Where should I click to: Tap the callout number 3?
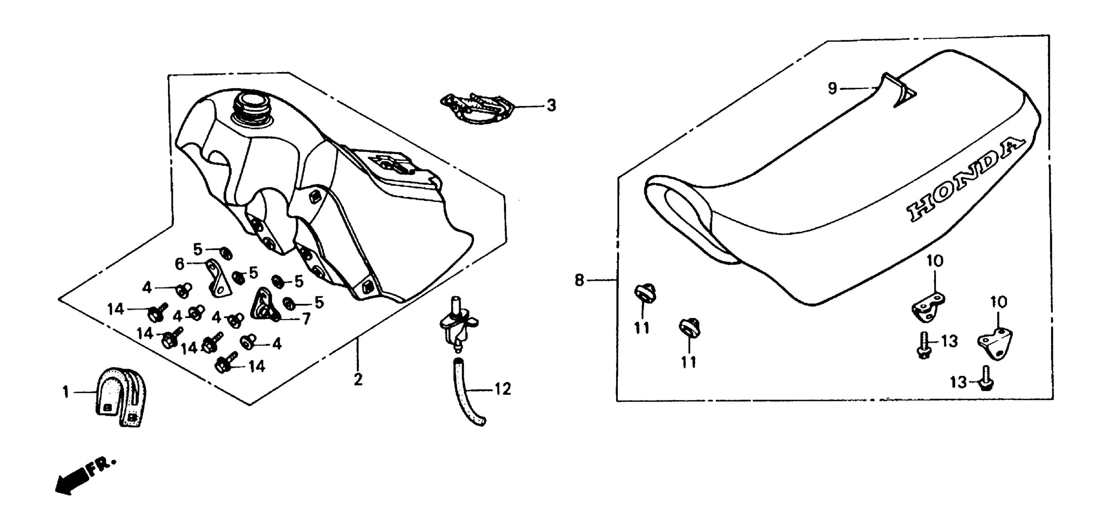[551, 106]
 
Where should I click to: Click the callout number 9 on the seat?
[832, 89]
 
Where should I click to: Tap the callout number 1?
[65, 393]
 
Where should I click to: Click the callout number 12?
[503, 389]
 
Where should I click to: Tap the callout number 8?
[579, 281]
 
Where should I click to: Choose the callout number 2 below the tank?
[358, 380]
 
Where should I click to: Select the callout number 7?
[306, 319]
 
